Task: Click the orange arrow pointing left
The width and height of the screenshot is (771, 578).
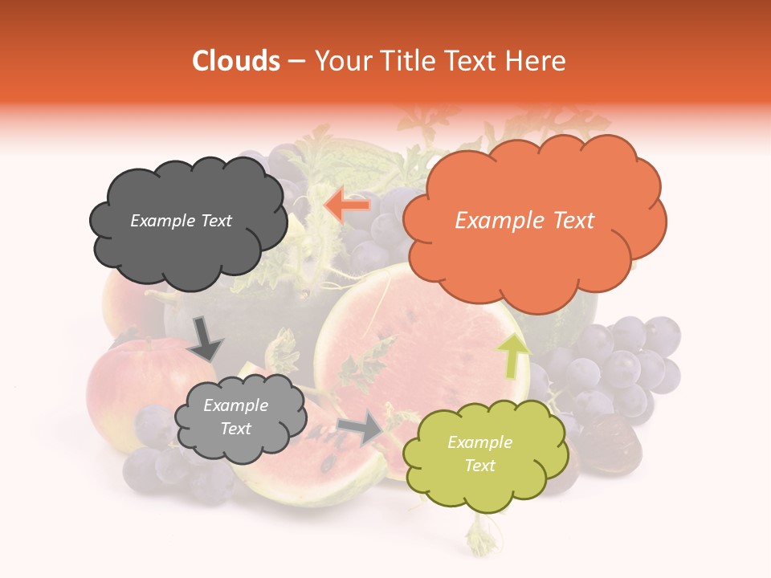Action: [347, 206]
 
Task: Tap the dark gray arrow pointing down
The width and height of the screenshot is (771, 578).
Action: [205, 338]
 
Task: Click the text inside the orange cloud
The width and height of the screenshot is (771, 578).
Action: [524, 221]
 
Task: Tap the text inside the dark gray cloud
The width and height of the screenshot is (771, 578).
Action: [181, 221]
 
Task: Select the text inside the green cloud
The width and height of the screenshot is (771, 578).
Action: [479, 454]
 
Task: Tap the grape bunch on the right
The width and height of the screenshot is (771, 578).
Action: [618, 369]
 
